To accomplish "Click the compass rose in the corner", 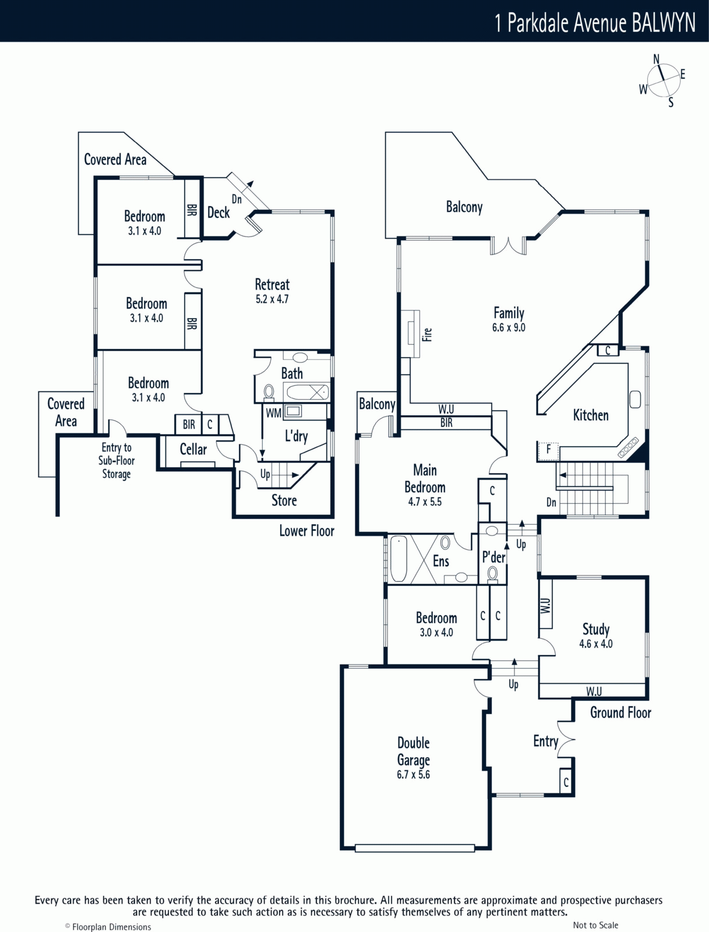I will [663, 81].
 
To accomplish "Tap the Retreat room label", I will [272, 285].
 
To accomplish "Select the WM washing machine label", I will [273, 413].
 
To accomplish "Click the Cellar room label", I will [193, 449].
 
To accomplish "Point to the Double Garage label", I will [414, 751].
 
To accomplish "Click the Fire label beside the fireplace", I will [428, 334].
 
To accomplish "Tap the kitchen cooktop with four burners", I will [628, 447].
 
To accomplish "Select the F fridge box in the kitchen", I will [548, 450].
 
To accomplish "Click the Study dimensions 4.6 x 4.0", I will [595, 644].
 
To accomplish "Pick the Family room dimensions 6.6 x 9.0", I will [509, 327].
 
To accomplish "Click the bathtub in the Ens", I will [398, 559].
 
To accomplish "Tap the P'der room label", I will [493, 557].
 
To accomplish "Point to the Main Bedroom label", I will [425, 478].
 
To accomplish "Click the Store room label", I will [284, 500].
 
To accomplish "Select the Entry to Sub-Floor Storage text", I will [117, 461].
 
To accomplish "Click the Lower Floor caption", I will [306, 531].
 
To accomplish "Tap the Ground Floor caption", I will [620, 712].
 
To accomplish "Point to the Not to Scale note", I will [595, 925].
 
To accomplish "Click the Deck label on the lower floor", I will [218, 213].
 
